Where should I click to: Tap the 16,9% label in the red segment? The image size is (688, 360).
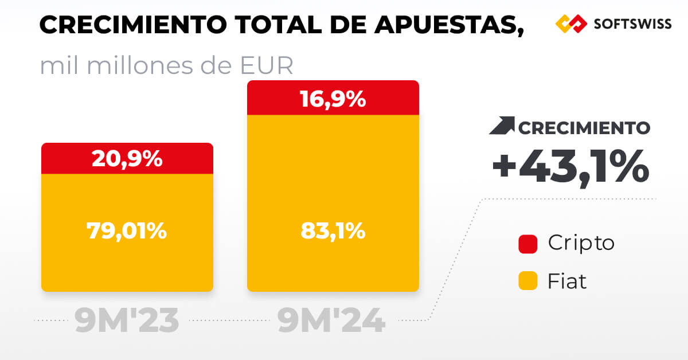pyautogui.click(x=333, y=99)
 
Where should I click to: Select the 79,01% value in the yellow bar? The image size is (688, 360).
pyautogui.click(x=127, y=231)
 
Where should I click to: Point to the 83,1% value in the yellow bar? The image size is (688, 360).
pyautogui.click(x=333, y=231)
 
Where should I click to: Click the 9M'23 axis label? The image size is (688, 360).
pyautogui.click(x=127, y=322)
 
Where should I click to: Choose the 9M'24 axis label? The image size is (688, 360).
pyautogui.click(x=331, y=322)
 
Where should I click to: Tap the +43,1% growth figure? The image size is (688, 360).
pyautogui.click(x=570, y=167)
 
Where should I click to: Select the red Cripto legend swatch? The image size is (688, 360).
pyautogui.click(x=527, y=244)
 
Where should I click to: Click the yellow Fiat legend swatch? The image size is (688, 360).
pyautogui.click(x=527, y=281)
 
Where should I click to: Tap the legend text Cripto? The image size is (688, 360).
pyautogui.click(x=581, y=243)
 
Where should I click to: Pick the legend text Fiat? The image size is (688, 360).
pyautogui.click(x=567, y=281)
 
